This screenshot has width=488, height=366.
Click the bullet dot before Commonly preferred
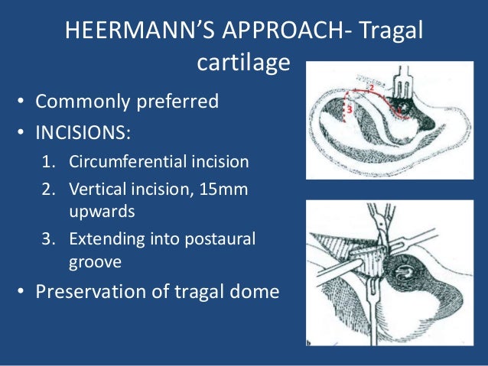(24, 101)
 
